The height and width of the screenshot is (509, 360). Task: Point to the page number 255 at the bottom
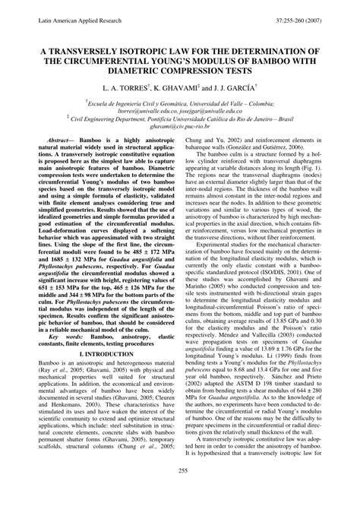(180, 492)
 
